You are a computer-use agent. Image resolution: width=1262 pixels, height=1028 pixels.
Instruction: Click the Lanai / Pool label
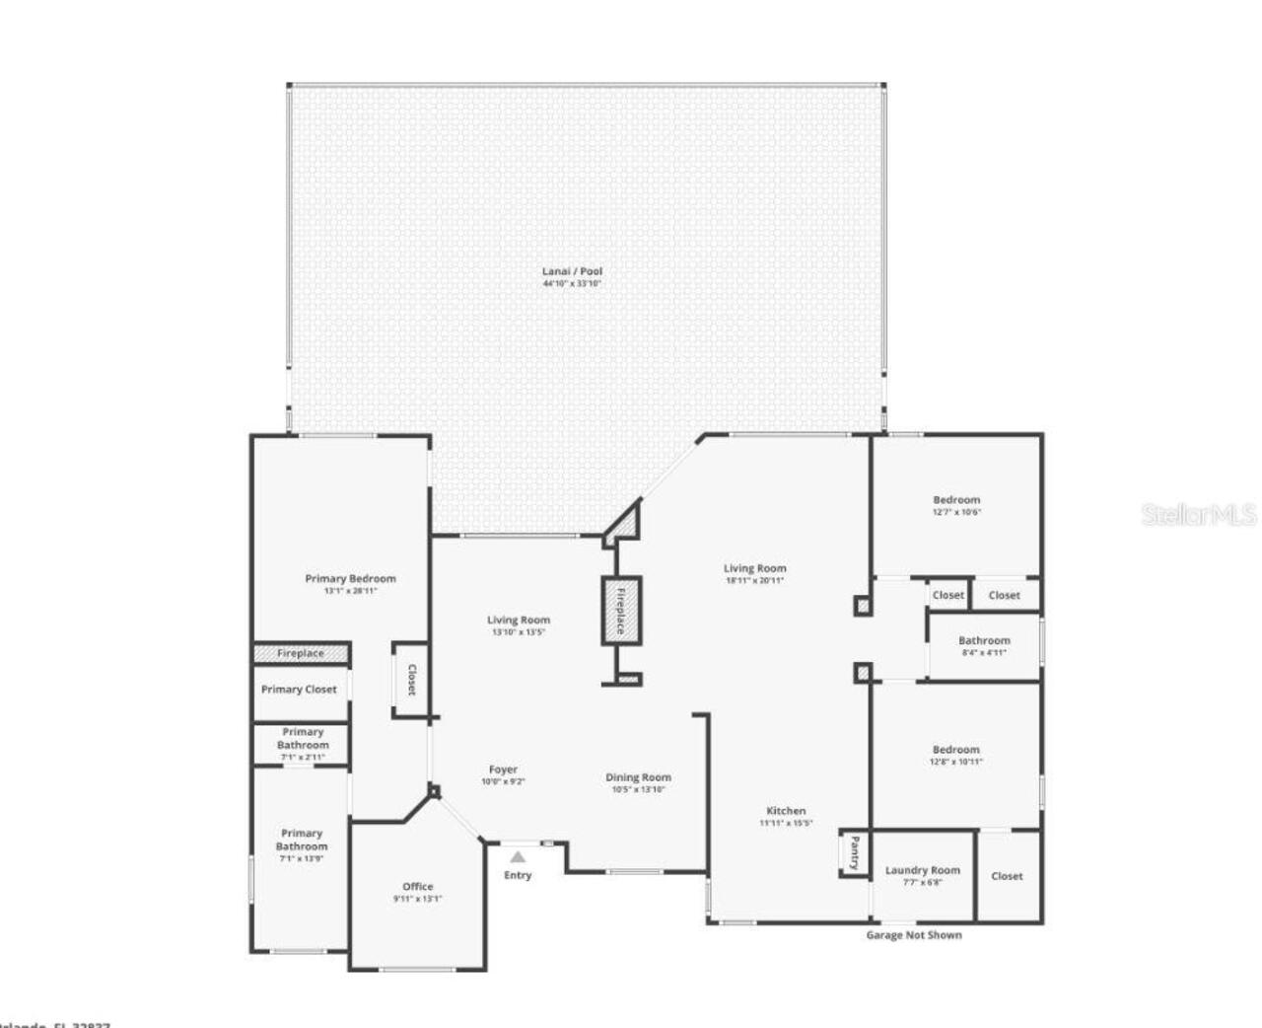pyautogui.click(x=572, y=271)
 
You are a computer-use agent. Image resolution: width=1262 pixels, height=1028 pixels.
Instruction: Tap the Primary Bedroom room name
pyautogui.click(x=350, y=579)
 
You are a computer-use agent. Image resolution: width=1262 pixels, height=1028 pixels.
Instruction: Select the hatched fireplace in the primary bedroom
pyautogui.click(x=301, y=653)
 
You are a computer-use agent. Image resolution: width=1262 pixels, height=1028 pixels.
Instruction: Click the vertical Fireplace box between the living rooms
pyautogui.click(x=621, y=611)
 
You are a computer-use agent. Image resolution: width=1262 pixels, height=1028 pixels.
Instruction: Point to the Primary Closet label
pyautogui.click(x=299, y=690)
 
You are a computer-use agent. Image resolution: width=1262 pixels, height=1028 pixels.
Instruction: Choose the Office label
pyautogui.click(x=417, y=886)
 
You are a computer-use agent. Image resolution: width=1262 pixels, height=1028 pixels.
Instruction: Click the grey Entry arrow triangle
pyautogui.click(x=518, y=856)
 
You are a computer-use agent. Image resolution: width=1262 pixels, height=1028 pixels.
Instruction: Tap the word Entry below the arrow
pyautogui.click(x=518, y=875)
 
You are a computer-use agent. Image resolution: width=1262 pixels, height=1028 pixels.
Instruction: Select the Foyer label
pyautogui.click(x=503, y=770)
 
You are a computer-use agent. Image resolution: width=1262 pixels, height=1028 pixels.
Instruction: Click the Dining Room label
pyautogui.click(x=638, y=777)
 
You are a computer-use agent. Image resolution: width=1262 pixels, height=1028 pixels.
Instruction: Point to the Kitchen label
pyautogui.click(x=786, y=811)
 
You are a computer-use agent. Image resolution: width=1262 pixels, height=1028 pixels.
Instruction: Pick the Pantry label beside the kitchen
pyautogui.click(x=854, y=852)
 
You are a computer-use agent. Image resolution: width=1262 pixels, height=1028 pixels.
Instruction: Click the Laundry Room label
pyautogui.click(x=922, y=870)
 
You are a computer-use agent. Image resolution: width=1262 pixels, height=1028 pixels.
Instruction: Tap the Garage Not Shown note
pyautogui.click(x=914, y=934)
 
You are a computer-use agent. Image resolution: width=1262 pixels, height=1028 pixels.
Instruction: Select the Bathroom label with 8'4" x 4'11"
pyautogui.click(x=983, y=640)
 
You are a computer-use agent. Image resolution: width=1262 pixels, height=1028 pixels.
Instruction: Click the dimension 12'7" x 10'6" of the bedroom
pyautogui.click(x=956, y=513)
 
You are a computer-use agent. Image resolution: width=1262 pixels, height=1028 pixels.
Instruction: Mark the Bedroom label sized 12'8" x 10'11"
pyautogui.click(x=955, y=750)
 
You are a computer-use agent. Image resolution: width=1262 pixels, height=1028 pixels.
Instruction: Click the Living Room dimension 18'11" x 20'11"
pyautogui.click(x=755, y=581)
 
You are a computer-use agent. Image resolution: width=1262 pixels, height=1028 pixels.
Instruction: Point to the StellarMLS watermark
pyautogui.click(x=1199, y=515)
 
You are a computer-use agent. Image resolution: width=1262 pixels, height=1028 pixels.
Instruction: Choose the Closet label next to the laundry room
pyautogui.click(x=1007, y=876)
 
